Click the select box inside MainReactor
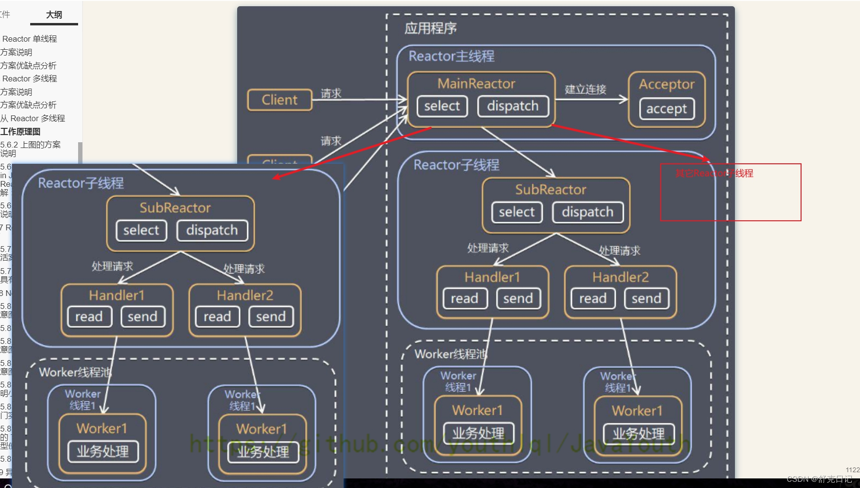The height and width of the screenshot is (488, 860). [442, 106]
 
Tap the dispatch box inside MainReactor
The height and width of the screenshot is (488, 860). [513, 106]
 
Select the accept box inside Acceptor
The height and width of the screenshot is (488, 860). [666, 109]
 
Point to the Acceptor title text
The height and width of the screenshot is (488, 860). [666, 84]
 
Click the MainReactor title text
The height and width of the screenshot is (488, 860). [476, 84]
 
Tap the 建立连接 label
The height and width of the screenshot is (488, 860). [585, 89]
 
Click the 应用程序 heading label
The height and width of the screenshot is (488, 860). [430, 28]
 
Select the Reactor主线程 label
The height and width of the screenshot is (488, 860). [451, 57]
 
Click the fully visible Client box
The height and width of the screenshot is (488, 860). [280, 100]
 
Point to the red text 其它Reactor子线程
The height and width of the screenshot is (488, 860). [714, 173]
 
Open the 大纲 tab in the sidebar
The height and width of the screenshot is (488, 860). [54, 15]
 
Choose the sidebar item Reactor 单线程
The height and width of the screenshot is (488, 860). [30, 39]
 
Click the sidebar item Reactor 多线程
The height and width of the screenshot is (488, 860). [30, 79]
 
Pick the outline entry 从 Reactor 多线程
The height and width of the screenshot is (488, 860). [33, 118]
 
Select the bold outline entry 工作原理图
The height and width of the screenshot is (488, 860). [21, 132]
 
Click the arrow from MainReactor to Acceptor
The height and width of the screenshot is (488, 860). [591, 99]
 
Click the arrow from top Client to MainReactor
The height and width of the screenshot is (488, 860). [359, 100]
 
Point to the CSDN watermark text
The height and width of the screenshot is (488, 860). [819, 479]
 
